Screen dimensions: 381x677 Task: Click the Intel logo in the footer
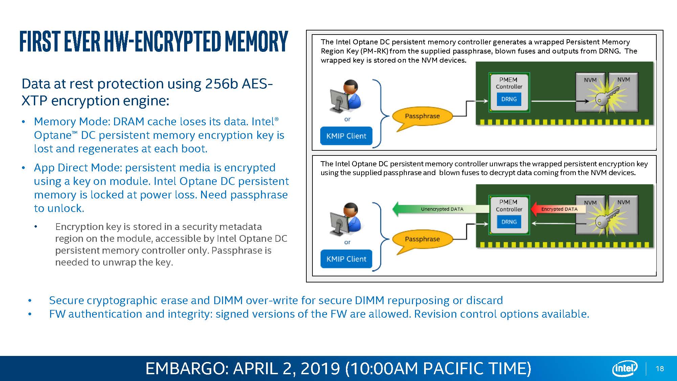(625, 368)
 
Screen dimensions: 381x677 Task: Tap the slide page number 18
(660, 369)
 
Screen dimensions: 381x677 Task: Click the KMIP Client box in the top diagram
(346, 136)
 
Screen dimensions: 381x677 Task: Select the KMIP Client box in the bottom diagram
(346, 259)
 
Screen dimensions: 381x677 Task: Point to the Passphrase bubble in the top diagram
(422, 116)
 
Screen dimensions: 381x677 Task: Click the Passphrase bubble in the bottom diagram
(422, 239)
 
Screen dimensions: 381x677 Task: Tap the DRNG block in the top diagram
(509, 99)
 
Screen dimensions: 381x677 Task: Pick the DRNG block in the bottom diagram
(509, 222)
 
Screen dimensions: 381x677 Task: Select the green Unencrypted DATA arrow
(440, 209)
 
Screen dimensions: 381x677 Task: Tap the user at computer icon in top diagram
(345, 97)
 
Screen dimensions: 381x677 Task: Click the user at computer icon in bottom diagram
(345, 219)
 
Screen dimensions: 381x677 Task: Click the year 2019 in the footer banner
(320, 368)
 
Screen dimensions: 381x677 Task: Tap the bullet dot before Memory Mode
(23, 122)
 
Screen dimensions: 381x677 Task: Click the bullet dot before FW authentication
(30, 314)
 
